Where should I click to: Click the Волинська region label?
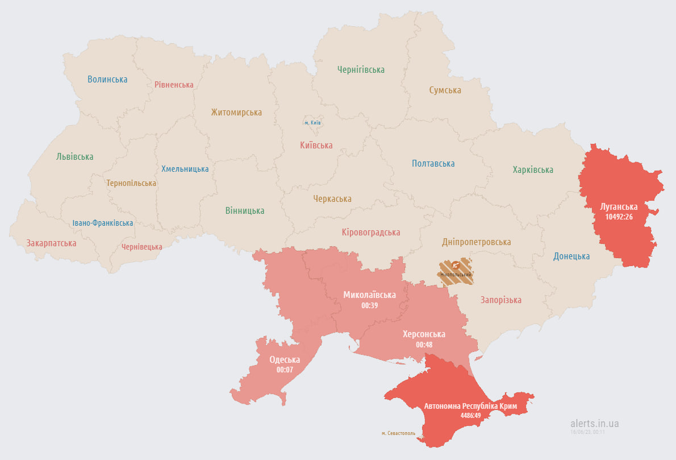point(107,80)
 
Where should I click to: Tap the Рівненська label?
point(174,85)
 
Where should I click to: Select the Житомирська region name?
point(236,113)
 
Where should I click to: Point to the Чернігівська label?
point(361,70)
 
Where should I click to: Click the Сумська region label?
point(445,90)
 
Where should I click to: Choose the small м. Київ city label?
point(312,123)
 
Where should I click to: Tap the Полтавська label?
point(433,164)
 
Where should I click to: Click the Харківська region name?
point(532,170)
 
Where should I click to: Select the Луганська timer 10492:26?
point(619,217)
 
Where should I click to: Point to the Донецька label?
point(571,256)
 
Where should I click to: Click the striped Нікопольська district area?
point(457,271)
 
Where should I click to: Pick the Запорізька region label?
point(500,300)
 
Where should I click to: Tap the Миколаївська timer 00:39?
point(369,305)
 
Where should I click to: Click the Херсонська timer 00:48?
point(424,345)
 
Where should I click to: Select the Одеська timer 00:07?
point(285,370)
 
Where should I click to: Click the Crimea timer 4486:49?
point(470,416)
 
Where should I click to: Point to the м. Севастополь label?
point(398,433)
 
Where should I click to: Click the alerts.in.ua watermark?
point(594,424)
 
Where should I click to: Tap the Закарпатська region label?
point(51,243)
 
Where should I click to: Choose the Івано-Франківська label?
point(103,223)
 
